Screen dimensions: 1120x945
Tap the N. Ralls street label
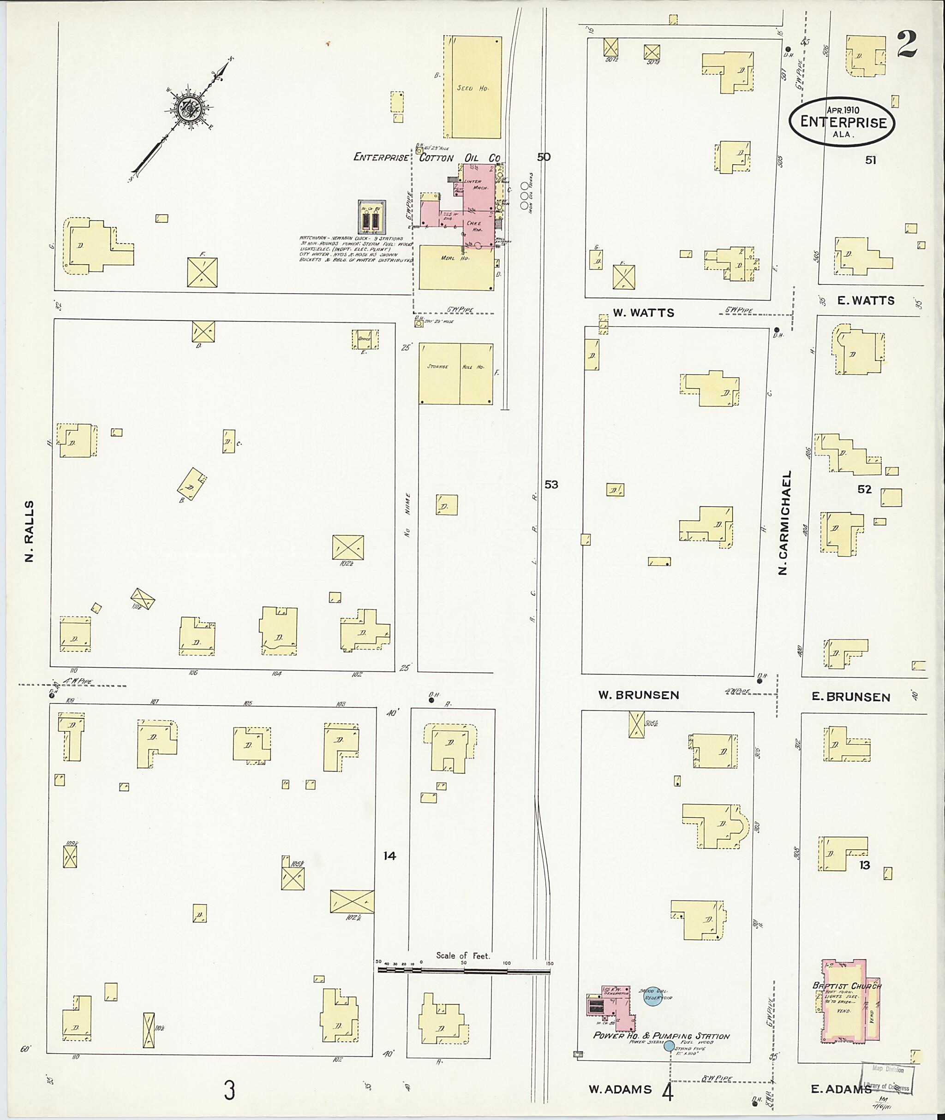coord(30,532)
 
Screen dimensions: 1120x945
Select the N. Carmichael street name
coord(784,523)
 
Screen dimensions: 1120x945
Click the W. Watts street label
coord(643,313)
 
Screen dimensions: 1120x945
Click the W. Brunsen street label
coord(639,695)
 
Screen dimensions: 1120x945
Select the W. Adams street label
coord(620,1089)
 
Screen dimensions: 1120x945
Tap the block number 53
coord(551,485)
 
